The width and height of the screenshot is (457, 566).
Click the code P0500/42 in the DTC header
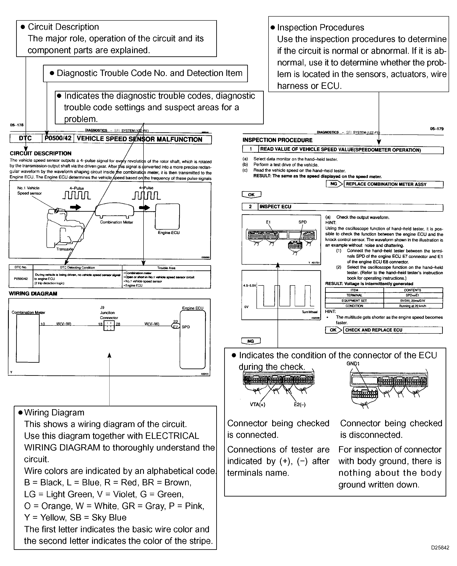tap(58, 138)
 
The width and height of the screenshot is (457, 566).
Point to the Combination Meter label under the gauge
tap(116, 222)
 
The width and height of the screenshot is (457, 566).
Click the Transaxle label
tap(65, 249)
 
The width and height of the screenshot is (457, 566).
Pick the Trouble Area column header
tap(166, 268)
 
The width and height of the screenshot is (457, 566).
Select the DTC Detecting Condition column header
tap(77, 268)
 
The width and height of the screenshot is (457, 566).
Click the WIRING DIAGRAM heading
tap(33, 294)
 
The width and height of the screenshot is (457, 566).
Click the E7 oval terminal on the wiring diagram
tap(176, 327)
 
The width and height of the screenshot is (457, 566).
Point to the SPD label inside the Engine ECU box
tap(186, 327)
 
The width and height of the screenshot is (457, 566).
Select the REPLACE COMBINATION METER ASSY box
tap(393, 184)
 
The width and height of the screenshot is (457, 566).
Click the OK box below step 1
tap(251, 195)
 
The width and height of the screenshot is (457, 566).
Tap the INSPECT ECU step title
tap(275, 207)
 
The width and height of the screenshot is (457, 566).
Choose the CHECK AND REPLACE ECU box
tap(392, 330)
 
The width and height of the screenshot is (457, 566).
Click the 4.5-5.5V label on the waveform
tap(250, 285)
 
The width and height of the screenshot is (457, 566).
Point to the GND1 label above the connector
tap(353, 364)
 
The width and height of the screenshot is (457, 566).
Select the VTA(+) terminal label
tap(258, 405)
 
